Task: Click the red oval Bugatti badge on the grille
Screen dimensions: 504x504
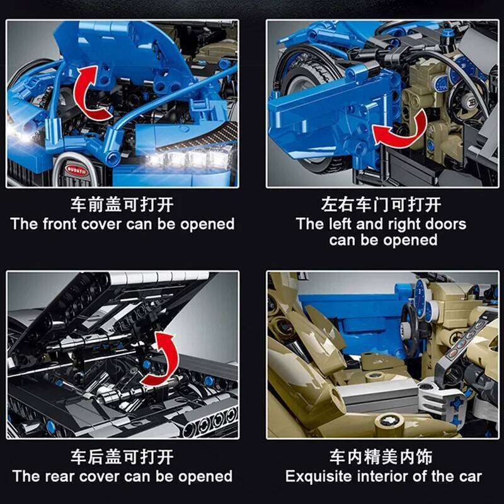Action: (73, 169)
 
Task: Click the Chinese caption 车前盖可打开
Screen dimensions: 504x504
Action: (122, 205)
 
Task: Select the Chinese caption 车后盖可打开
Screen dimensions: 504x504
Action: (122, 457)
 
